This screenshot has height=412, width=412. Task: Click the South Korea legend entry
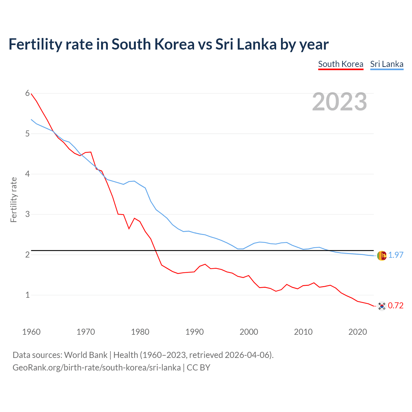(x=341, y=64)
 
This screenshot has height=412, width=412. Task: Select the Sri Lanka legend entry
(x=387, y=64)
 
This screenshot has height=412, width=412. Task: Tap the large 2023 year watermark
(x=340, y=102)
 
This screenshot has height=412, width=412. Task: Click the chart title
(x=168, y=44)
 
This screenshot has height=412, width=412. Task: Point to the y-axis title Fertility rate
(x=14, y=200)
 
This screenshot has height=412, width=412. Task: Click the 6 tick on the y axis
(x=27, y=93)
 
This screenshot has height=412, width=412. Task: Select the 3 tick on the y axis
(x=27, y=214)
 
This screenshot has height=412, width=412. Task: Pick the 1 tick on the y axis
(x=27, y=295)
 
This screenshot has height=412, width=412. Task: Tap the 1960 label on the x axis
(x=31, y=332)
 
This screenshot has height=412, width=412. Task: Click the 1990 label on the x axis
(x=194, y=332)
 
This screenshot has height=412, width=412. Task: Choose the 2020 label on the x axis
(x=358, y=332)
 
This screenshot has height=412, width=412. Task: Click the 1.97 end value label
(x=396, y=255)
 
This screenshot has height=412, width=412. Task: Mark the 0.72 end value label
(x=396, y=306)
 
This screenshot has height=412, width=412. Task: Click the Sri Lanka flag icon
(x=382, y=256)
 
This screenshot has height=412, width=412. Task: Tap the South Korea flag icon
(x=382, y=306)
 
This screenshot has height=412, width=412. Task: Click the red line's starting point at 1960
(x=31, y=94)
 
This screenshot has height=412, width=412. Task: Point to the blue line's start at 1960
(x=31, y=119)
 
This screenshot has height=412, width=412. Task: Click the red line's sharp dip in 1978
(x=129, y=229)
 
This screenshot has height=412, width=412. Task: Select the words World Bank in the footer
(x=86, y=355)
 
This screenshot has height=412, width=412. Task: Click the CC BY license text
(x=198, y=368)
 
